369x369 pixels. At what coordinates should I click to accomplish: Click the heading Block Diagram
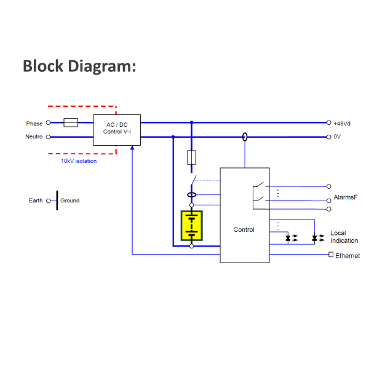point(79,66)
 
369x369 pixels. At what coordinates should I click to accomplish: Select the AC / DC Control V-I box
point(117,130)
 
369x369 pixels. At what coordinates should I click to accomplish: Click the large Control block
point(244,229)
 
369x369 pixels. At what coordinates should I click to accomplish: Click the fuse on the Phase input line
point(71,123)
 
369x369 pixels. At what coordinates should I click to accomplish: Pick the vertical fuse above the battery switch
point(191,157)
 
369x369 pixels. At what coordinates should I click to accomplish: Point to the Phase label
point(34,124)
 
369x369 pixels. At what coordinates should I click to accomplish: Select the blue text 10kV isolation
point(78,161)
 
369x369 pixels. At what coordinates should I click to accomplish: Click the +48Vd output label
point(343,124)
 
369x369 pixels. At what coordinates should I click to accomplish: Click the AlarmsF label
point(345,197)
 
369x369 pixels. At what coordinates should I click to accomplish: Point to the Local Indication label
point(344,237)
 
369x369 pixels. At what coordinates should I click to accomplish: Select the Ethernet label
point(347,255)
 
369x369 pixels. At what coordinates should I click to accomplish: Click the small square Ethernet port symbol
point(331,255)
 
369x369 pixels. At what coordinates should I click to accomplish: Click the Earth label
point(36,200)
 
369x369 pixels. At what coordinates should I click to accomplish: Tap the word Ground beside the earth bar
point(69,200)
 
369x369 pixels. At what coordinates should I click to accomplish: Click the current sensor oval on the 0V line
point(245,137)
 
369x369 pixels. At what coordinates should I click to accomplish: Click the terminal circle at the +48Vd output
point(329,123)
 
